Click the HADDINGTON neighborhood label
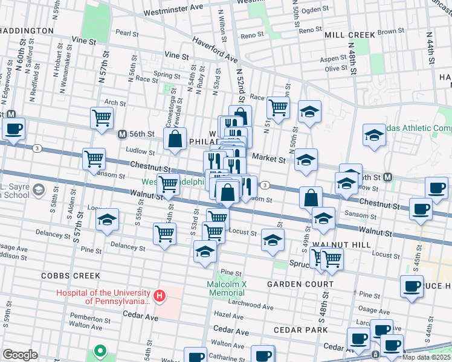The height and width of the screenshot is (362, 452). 27,30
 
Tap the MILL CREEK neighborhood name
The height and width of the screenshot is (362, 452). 350,35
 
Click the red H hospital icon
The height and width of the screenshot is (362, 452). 160,296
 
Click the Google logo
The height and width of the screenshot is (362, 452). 20,355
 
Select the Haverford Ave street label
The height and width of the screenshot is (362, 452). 215,49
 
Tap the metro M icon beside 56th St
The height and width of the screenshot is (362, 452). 122,134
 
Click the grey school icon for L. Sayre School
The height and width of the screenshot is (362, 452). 39,191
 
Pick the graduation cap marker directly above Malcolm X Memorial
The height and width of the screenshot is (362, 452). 205,252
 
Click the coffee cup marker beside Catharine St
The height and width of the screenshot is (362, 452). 262,355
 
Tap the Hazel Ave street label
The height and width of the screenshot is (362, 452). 229,316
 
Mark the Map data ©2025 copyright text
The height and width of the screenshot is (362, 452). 426,357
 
